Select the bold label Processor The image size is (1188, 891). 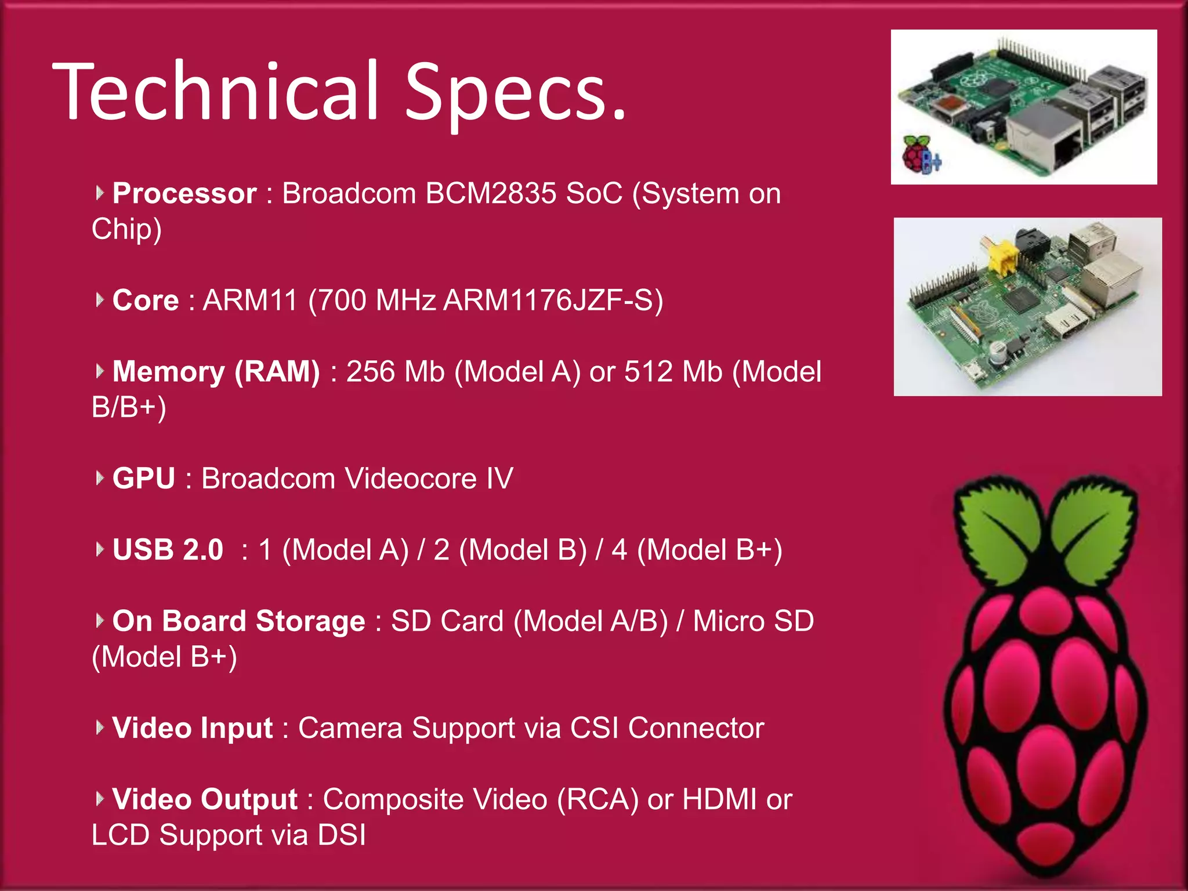184,193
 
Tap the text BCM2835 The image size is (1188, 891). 490,193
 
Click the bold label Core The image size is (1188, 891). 146,300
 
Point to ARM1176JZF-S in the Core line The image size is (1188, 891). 553,300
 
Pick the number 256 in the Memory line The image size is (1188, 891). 370,372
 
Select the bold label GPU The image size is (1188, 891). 144,479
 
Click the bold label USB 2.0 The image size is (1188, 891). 168,550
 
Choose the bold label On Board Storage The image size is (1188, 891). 238,621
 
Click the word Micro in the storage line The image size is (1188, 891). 728,621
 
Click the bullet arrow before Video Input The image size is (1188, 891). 100,727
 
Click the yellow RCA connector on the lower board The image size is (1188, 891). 1002,259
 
